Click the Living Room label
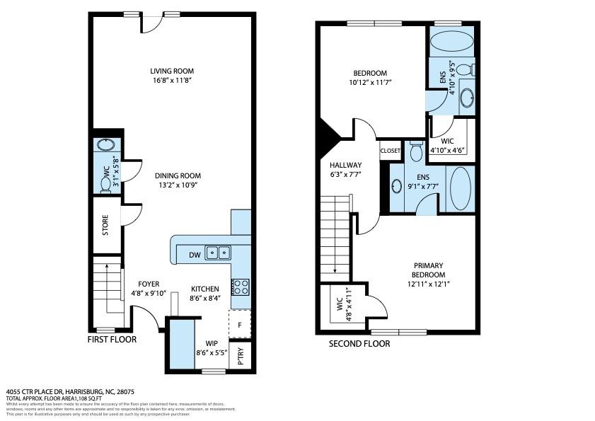coord(172,71)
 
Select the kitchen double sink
coord(218,253)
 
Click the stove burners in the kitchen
coord(241,287)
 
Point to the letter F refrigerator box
coord(240,325)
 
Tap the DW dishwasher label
coord(194,255)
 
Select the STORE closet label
coord(105,225)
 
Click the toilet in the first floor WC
coord(105,184)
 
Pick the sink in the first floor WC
coord(105,145)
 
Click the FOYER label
coord(148,284)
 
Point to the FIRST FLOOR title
coord(112,340)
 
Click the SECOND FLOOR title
coord(359,344)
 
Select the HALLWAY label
coord(345,165)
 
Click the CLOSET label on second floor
coord(391,151)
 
